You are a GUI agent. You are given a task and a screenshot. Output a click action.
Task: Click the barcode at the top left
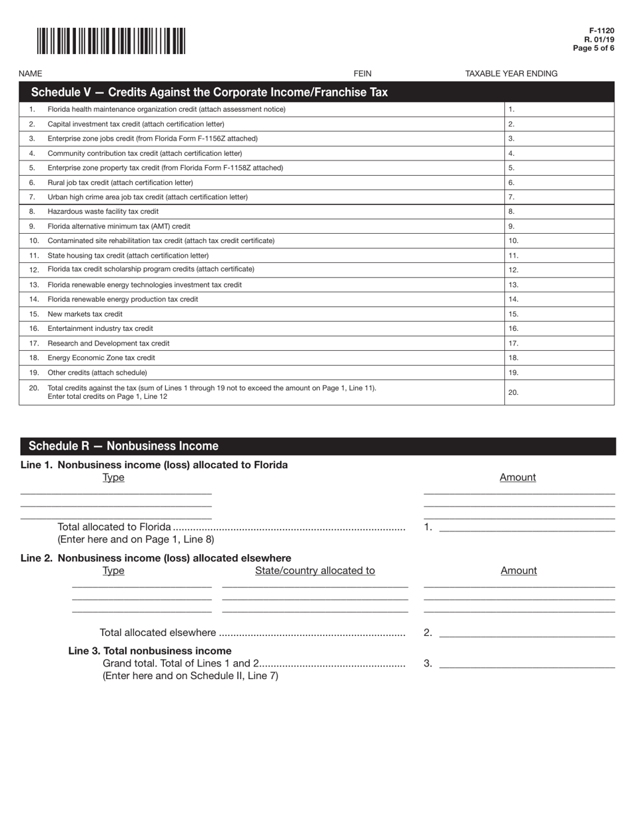(111, 41)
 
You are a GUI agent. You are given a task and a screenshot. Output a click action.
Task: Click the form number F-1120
(601, 31)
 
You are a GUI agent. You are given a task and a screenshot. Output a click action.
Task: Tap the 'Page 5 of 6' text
(594, 49)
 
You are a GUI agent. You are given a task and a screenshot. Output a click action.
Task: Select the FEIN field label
(362, 73)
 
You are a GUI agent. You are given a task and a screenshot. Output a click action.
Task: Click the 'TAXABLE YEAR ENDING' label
(511, 73)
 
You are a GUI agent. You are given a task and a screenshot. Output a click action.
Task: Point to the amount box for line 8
(560, 212)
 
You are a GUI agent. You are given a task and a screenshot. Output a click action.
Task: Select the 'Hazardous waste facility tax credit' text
(103, 212)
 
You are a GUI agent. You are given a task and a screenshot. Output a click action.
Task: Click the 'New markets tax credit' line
(85, 314)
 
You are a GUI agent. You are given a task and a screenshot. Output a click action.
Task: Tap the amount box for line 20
(560, 393)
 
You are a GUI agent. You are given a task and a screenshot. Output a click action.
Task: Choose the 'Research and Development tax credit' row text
(109, 344)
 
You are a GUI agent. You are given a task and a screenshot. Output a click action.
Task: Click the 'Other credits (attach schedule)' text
(97, 373)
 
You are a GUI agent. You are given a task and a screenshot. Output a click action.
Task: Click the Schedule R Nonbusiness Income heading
(123, 446)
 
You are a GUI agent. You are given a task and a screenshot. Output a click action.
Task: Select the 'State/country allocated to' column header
(315, 571)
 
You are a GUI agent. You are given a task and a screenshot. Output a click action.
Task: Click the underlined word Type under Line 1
(113, 477)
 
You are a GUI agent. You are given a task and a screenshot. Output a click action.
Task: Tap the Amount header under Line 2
(518, 571)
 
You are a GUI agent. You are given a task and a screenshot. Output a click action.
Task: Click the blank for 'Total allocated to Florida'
(526, 527)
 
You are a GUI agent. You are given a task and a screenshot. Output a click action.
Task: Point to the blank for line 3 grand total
(526, 663)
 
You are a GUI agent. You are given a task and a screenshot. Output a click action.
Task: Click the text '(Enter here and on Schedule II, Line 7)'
(190, 676)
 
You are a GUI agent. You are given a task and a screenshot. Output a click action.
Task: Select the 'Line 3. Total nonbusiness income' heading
(150, 651)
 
